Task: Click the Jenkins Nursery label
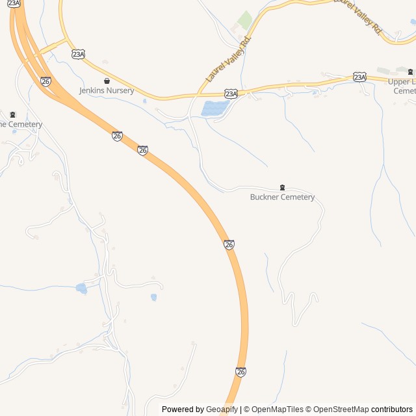[x=107, y=90]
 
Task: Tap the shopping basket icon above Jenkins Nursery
[x=107, y=81]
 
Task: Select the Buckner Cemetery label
[x=282, y=197]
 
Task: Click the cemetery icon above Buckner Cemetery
[x=282, y=187]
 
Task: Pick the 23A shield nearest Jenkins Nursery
[x=79, y=55]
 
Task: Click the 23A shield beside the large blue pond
[x=231, y=94]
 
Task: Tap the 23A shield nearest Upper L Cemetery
[x=360, y=77]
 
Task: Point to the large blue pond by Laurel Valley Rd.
[x=214, y=108]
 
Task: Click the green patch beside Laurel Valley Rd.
[x=244, y=20]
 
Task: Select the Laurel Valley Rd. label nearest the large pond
[x=228, y=59]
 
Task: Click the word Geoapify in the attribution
[x=222, y=409]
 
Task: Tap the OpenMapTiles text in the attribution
[x=277, y=409]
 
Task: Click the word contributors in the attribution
[x=392, y=409]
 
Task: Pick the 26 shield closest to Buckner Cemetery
[x=229, y=244]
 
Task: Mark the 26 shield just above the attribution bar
[x=241, y=372]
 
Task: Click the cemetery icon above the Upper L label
[x=410, y=71]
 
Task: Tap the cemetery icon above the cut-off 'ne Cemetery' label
[x=12, y=114]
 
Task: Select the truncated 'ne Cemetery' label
[x=21, y=124]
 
